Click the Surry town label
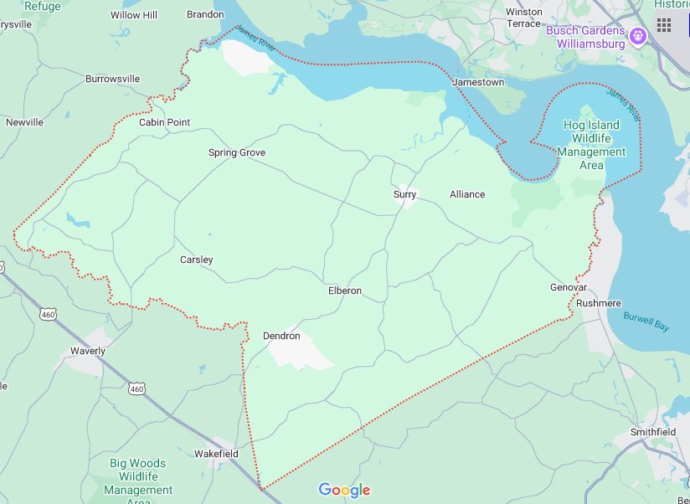(x=404, y=194)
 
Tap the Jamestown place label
(x=478, y=83)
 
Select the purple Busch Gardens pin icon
(x=638, y=36)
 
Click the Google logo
(x=344, y=491)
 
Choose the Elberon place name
(x=344, y=291)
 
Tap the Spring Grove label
(x=237, y=152)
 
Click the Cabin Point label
(x=164, y=122)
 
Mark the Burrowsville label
(x=112, y=79)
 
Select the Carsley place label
(x=197, y=260)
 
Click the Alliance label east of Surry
(x=467, y=194)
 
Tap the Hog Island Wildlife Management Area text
(x=592, y=145)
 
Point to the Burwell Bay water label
(x=646, y=321)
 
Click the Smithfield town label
(x=653, y=432)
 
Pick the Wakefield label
(x=216, y=454)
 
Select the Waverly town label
(x=88, y=351)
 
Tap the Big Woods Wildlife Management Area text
(x=138, y=476)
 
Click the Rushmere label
(x=599, y=303)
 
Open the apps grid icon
(x=664, y=24)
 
